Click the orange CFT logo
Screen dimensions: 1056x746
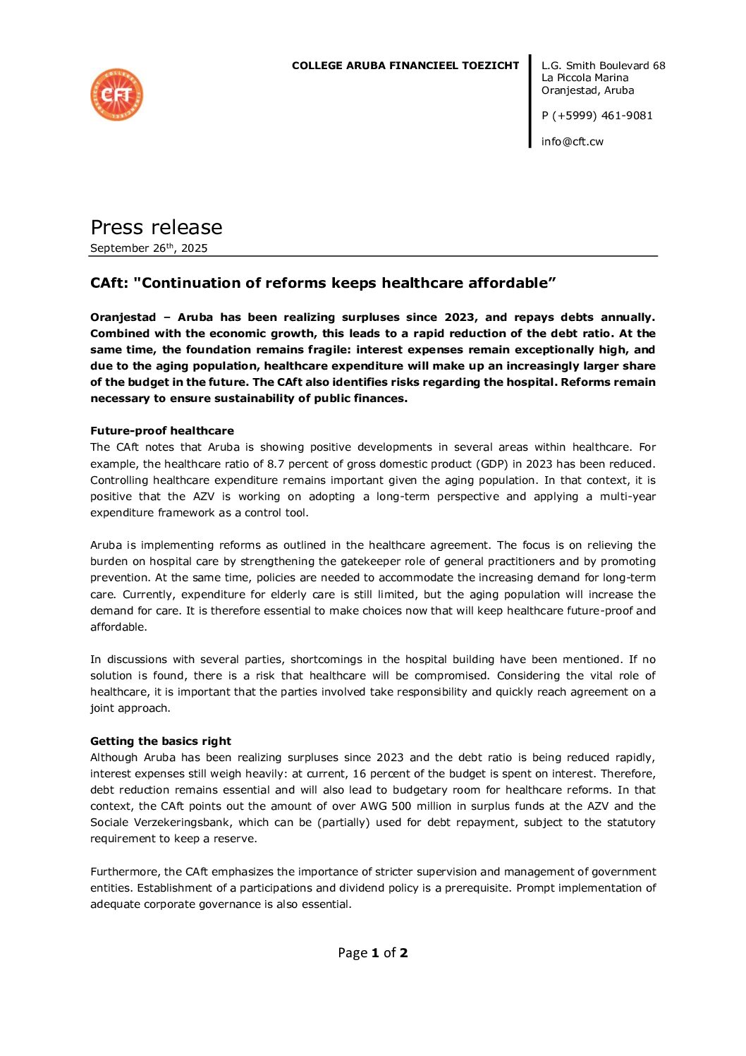point(116,95)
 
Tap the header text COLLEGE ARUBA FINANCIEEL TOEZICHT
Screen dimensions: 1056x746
point(405,66)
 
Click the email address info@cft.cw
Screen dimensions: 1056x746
point(572,142)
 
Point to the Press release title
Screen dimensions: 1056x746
point(156,227)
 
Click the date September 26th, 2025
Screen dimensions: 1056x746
point(149,248)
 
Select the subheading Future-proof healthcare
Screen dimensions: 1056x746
point(161,431)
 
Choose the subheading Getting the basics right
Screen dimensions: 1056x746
point(160,741)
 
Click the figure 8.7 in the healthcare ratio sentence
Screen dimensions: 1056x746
point(276,464)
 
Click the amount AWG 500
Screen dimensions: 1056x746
point(386,806)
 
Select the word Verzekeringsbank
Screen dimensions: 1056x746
point(179,823)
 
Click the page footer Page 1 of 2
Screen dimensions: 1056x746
point(372,953)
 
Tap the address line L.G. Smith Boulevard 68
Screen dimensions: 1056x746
point(603,66)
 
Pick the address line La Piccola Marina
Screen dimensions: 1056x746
point(585,78)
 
